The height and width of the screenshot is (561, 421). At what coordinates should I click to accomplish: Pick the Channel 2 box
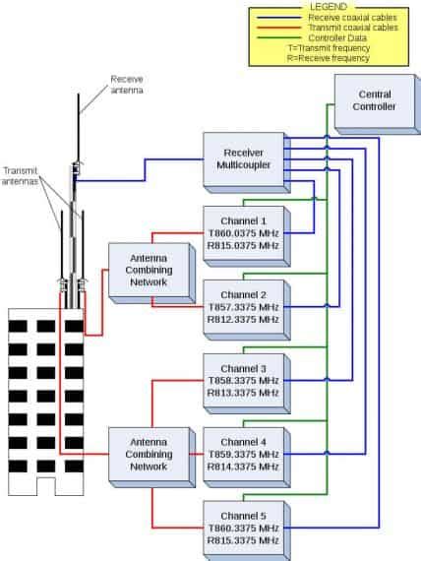(x=243, y=306)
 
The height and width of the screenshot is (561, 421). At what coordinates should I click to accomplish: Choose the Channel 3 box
(x=243, y=379)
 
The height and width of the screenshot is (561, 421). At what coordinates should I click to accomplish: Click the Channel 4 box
(x=243, y=454)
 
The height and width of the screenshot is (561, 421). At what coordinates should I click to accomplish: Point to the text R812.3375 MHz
(x=243, y=319)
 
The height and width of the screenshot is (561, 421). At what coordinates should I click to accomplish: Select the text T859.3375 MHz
(x=243, y=454)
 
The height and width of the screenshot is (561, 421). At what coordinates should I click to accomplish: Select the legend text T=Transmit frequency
(x=330, y=47)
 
